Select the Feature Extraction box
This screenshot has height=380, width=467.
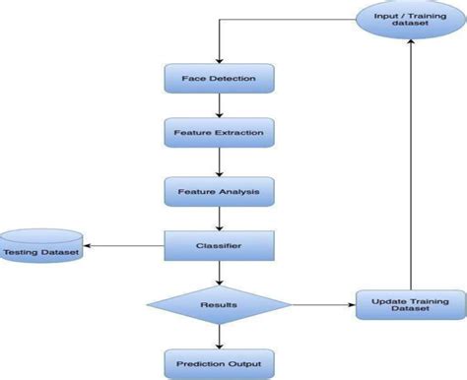217,130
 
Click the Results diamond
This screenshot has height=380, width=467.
217,305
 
